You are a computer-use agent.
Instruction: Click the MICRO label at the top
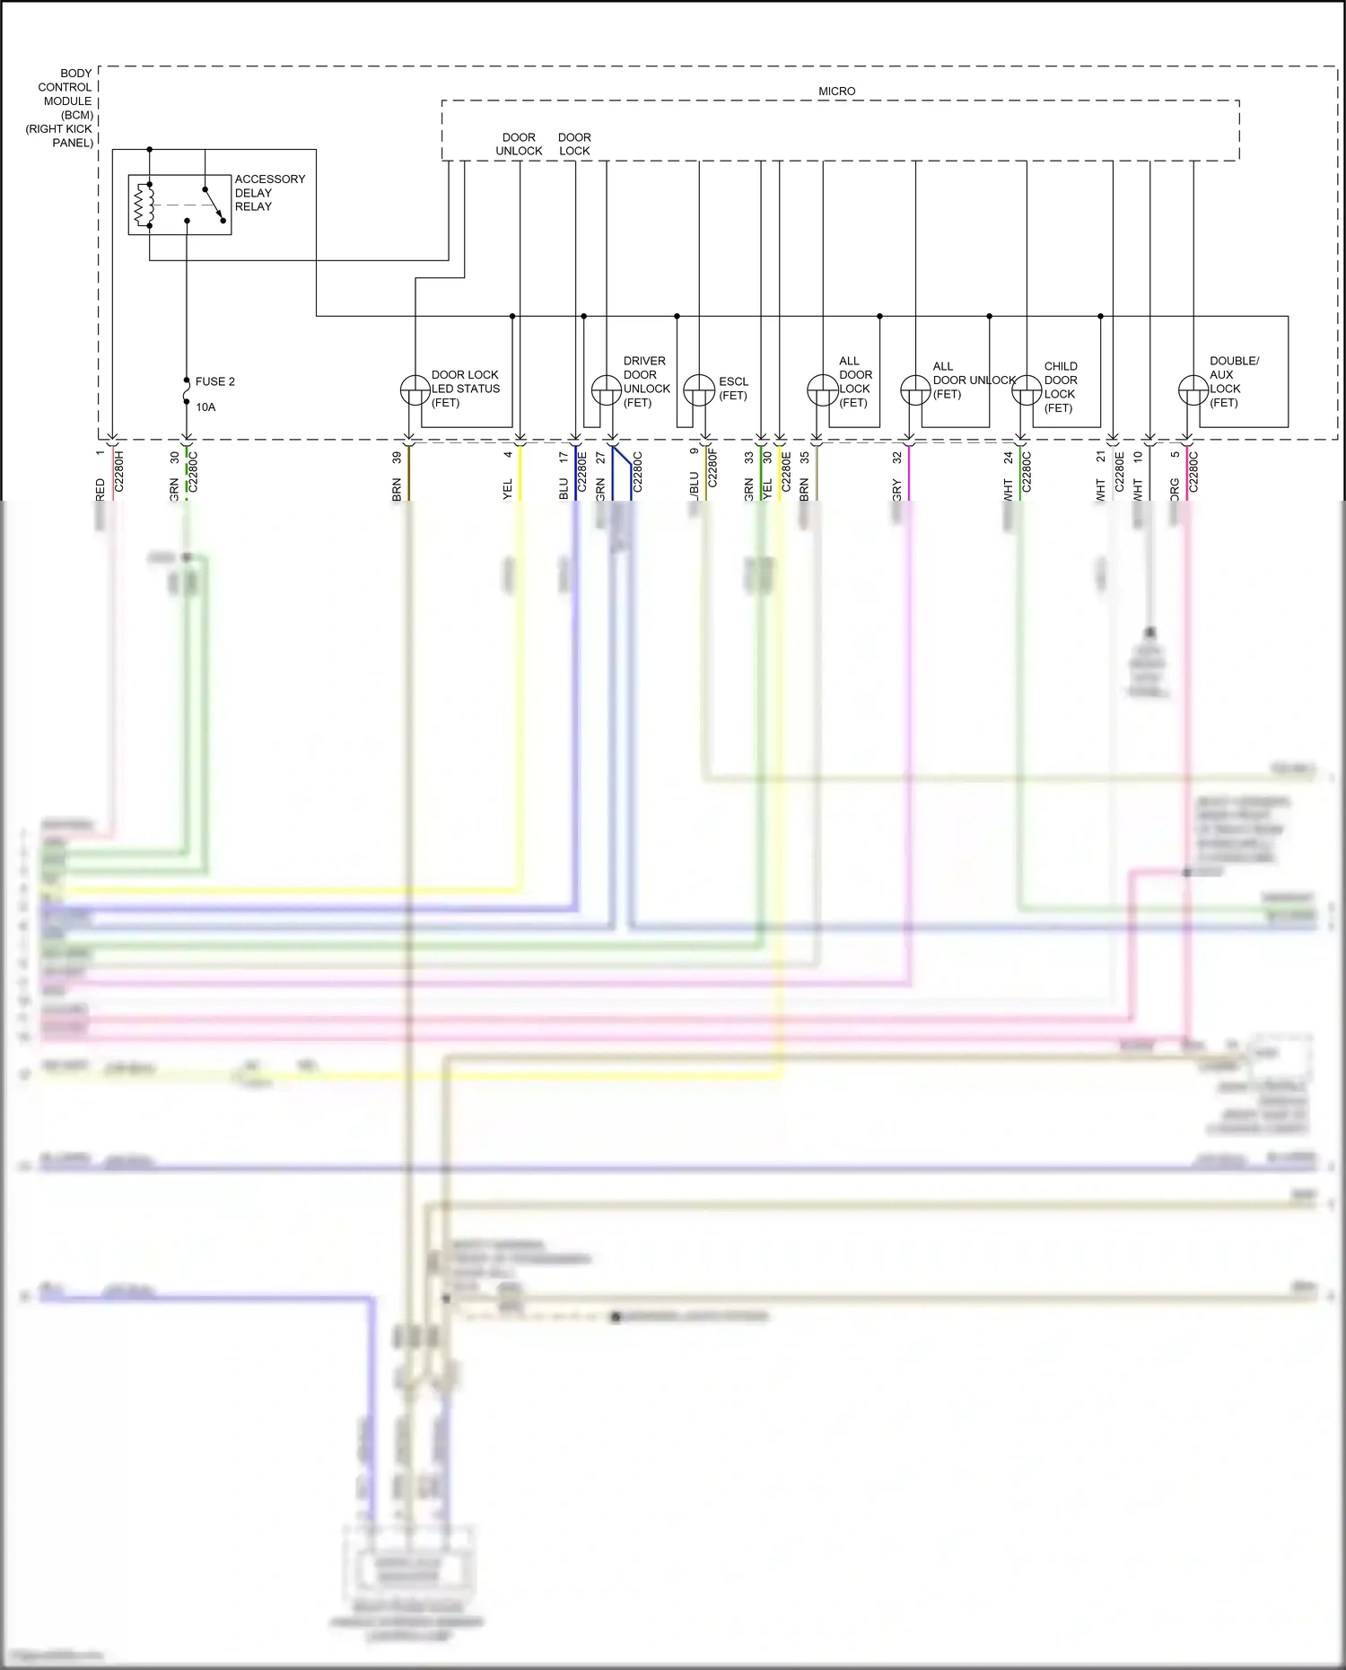tap(836, 92)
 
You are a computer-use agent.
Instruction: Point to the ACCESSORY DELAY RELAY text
tap(269, 193)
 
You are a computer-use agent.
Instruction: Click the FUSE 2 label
tap(214, 381)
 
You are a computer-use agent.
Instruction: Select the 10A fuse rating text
tap(205, 407)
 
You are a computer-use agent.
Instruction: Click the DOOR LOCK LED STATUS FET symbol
tap(415, 390)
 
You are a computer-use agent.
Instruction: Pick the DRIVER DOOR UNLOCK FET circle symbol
tap(607, 390)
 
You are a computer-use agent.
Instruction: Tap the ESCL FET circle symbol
tap(698, 390)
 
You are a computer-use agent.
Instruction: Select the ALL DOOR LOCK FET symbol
tap(822, 390)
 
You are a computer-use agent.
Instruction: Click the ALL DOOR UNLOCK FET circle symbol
tap(915, 390)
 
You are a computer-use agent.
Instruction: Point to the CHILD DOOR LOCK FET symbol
tap(1027, 390)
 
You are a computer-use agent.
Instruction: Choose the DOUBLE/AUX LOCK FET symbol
tap(1193, 390)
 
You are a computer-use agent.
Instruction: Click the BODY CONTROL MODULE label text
tap(63, 108)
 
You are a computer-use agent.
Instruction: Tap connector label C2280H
tap(119, 472)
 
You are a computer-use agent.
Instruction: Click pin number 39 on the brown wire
tap(397, 457)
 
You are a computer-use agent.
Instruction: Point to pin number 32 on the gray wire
tap(897, 457)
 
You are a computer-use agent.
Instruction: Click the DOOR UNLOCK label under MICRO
tap(519, 144)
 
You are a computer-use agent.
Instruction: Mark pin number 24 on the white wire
tap(1009, 457)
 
